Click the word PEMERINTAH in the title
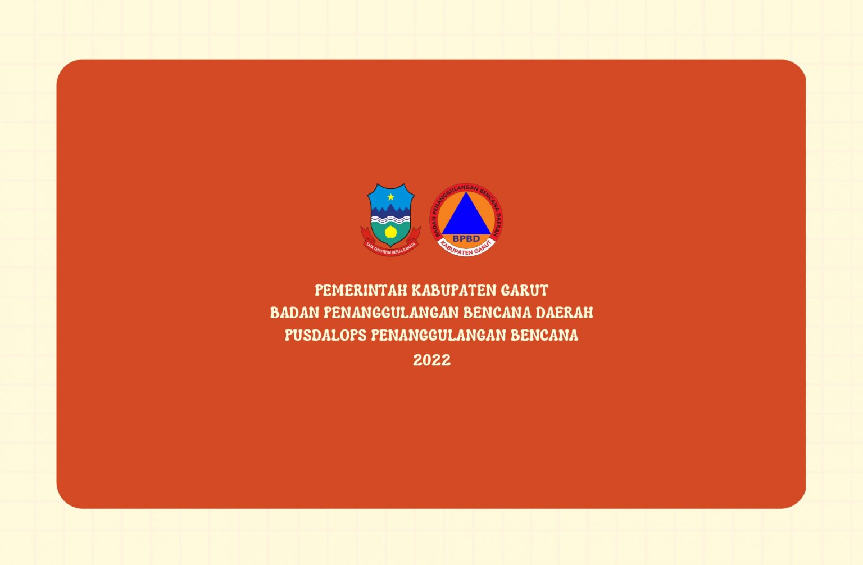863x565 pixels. pos(361,291)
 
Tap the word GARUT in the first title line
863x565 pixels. pos(525,291)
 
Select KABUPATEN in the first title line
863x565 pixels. pos(454,291)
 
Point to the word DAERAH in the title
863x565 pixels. pos(565,313)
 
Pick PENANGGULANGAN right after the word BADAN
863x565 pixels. pos(391,313)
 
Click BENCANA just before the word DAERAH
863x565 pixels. pos(497,313)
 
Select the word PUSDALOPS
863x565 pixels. pos(325,335)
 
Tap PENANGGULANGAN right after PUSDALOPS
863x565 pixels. pos(438,335)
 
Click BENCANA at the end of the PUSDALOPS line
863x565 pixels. pos(544,335)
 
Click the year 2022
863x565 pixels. pos(432,360)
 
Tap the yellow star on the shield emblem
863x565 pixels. pos(390,197)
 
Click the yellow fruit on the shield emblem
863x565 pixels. pos(390,232)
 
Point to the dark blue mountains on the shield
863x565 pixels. pos(390,210)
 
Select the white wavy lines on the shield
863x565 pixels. pos(390,220)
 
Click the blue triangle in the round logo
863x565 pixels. pos(466,216)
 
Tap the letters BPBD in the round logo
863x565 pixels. pos(466,238)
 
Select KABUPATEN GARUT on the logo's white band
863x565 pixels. pos(466,248)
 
